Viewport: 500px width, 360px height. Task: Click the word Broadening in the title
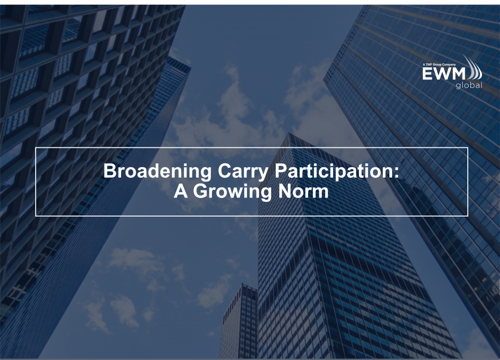157,171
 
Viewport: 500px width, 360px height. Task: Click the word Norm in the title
303,191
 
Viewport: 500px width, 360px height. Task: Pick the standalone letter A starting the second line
181,191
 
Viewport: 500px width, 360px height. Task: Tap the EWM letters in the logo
444,74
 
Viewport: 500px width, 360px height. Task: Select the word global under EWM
469,85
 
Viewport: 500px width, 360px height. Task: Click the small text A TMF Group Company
439,65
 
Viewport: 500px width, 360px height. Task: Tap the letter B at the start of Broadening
110,171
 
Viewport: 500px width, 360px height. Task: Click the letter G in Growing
201,191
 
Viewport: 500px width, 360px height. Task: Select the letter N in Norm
285,191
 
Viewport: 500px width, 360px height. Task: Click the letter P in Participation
281,171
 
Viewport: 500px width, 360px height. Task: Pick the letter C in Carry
225,171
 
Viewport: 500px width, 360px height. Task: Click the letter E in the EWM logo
427,74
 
